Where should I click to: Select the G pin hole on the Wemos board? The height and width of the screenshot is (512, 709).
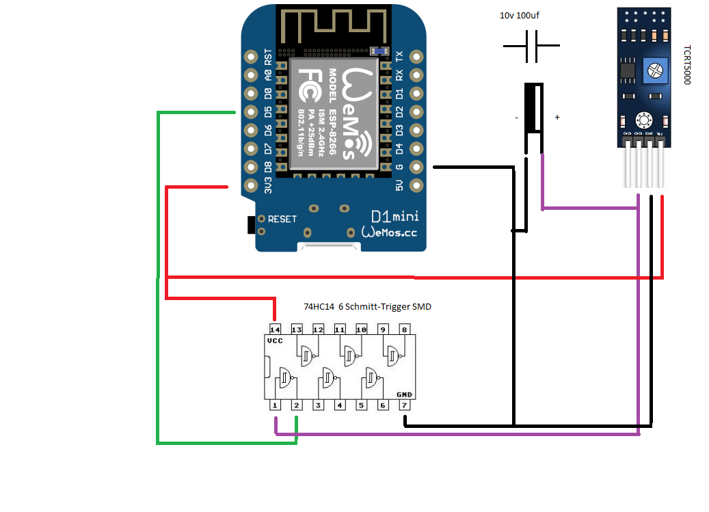[416, 167]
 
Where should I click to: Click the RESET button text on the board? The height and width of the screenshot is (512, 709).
[282, 219]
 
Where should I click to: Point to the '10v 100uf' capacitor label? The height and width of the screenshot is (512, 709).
[523, 15]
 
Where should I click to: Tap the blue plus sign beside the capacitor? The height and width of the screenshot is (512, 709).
[557, 118]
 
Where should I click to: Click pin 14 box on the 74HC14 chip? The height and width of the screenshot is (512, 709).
[275, 329]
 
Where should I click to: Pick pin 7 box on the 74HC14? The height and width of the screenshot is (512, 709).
[405, 405]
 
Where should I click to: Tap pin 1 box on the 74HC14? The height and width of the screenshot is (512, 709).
[275, 405]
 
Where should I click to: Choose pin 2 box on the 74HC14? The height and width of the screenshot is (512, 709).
[297, 405]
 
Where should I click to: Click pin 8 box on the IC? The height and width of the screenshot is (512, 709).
[405, 329]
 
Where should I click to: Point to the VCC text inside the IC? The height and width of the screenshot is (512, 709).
[275, 340]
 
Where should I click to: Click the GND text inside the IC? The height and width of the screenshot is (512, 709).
[404, 394]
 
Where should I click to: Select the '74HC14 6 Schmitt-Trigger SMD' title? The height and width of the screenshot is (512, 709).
[367, 308]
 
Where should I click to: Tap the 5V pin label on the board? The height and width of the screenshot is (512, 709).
[400, 185]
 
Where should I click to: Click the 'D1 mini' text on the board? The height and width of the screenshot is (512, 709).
[394, 217]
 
